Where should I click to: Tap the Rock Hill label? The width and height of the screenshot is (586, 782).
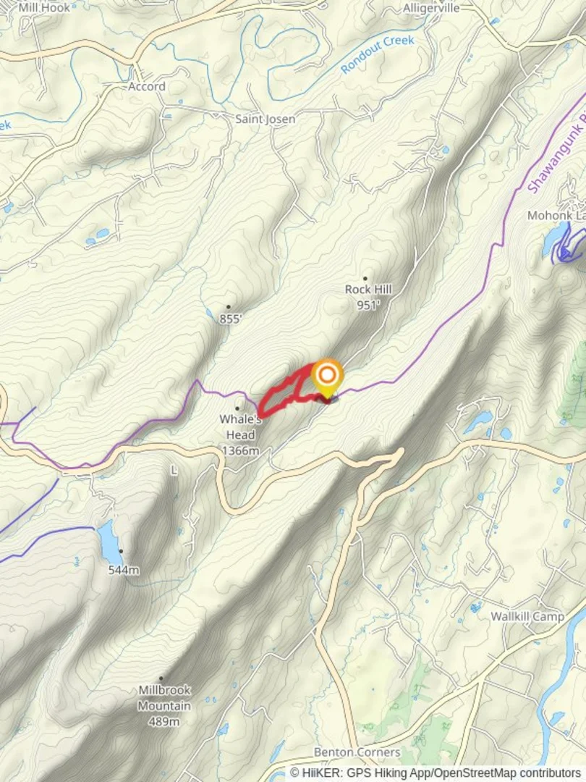pyautogui.click(x=368, y=290)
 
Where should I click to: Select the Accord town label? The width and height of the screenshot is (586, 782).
pyautogui.click(x=147, y=86)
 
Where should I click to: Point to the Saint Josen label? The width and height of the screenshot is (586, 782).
pyautogui.click(x=266, y=119)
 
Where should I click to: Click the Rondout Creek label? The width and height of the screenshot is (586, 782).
pyautogui.click(x=378, y=54)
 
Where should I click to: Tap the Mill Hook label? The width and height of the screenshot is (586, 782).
pyautogui.click(x=45, y=8)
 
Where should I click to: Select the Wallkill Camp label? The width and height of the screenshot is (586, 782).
pyautogui.click(x=527, y=617)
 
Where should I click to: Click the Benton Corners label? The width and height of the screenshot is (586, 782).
pyautogui.click(x=357, y=752)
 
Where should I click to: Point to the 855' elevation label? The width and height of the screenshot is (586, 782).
pyautogui.click(x=230, y=319)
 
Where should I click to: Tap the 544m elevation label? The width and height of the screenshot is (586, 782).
pyautogui.click(x=123, y=570)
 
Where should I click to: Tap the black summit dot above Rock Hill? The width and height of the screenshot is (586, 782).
pyautogui.click(x=365, y=278)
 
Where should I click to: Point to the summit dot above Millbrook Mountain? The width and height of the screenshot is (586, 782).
pyautogui.click(x=161, y=678)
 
